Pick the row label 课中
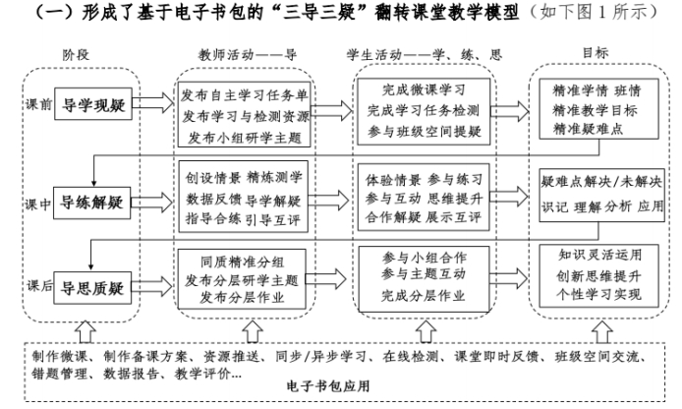(x=38, y=204)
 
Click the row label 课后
(x=38, y=285)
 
